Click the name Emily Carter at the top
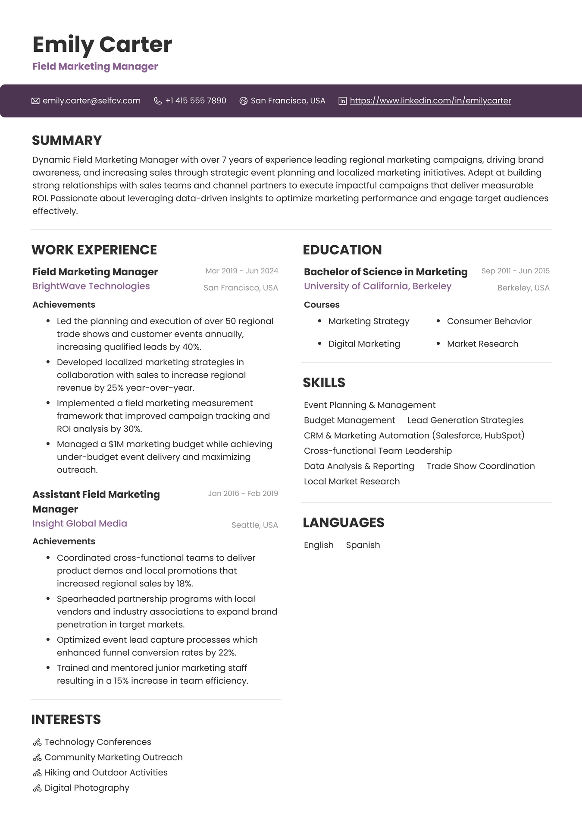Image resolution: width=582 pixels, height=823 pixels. coord(102,44)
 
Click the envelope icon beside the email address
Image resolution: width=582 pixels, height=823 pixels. coord(35,101)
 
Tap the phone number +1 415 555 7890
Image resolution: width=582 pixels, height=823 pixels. coord(195,101)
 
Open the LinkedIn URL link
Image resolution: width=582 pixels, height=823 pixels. coord(430,101)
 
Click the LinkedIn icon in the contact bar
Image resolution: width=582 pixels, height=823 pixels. coord(342,101)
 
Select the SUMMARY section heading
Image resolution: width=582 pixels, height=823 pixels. coord(67,140)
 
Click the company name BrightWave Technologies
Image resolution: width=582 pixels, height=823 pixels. coord(91,286)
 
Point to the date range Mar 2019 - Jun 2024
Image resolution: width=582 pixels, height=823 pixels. coord(241,271)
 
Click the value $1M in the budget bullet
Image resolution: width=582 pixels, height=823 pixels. coord(116,444)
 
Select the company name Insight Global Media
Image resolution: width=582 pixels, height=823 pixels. coord(80,523)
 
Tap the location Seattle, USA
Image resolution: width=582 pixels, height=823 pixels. coord(254,525)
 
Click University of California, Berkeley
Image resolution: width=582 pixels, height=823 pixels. coord(377,286)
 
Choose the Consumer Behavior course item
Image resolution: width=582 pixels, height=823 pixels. coord(489,321)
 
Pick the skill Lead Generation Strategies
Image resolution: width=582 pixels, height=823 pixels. coord(465,420)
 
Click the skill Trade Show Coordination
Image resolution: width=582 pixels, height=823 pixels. coord(480,466)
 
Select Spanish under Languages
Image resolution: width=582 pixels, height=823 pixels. coord(363,545)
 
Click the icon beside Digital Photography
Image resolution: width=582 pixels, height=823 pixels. coord(37,788)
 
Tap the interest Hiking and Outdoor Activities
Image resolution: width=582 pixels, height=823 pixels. coord(106,773)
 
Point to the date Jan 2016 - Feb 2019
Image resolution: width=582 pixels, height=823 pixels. coord(243,494)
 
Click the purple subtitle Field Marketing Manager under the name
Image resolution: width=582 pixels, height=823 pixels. coord(95,66)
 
